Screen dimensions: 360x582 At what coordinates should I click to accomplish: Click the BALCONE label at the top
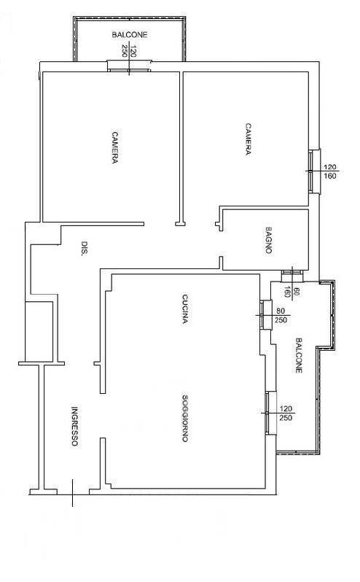(130, 35)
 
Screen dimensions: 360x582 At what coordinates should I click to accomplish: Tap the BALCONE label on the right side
(299, 355)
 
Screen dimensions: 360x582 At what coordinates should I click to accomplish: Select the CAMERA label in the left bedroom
(115, 147)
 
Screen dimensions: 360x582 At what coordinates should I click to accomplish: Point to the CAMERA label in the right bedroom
(248, 139)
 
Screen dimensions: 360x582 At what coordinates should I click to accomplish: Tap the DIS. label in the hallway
(85, 247)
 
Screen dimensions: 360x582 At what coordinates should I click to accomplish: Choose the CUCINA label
(185, 309)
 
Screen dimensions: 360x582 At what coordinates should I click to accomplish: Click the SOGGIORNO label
(185, 418)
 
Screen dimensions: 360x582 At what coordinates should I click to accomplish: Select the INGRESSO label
(74, 427)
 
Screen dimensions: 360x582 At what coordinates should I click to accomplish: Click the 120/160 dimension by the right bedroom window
(330, 171)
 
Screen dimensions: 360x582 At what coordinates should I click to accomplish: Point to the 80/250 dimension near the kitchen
(281, 316)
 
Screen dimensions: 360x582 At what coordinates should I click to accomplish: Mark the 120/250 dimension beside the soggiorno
(286, 413)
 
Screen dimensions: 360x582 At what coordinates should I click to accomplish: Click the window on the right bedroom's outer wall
(314, 171)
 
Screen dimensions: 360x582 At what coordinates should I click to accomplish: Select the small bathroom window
(292, 276)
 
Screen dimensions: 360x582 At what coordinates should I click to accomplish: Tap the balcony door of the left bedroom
(130, 66)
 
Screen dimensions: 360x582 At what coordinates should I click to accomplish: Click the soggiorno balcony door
(270, 413)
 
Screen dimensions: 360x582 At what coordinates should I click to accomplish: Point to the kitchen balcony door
(264, 315)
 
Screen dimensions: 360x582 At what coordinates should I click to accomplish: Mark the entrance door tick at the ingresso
(72, 492)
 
